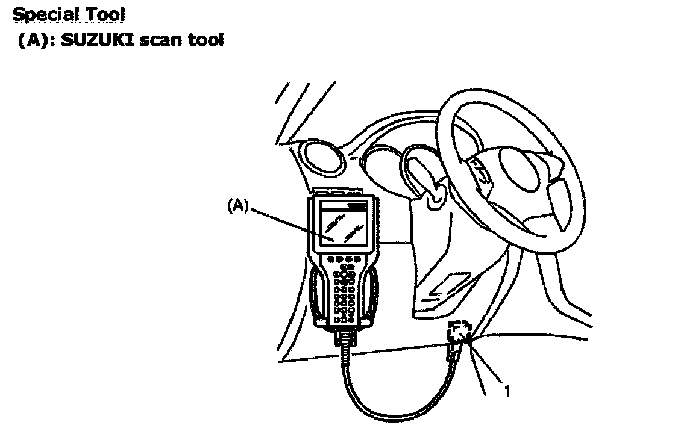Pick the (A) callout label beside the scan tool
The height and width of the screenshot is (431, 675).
point(237,206)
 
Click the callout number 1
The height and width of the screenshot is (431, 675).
point(507,392)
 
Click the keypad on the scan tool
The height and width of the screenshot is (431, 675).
point(344,292)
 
